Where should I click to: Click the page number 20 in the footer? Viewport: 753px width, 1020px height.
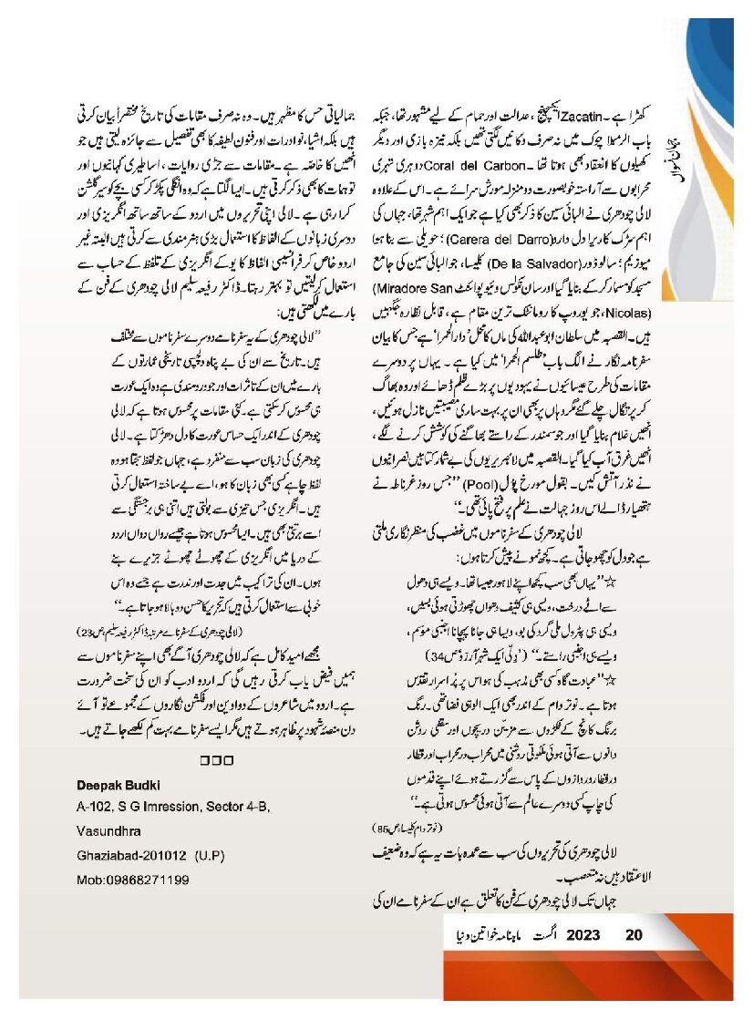tap(635, 934)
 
